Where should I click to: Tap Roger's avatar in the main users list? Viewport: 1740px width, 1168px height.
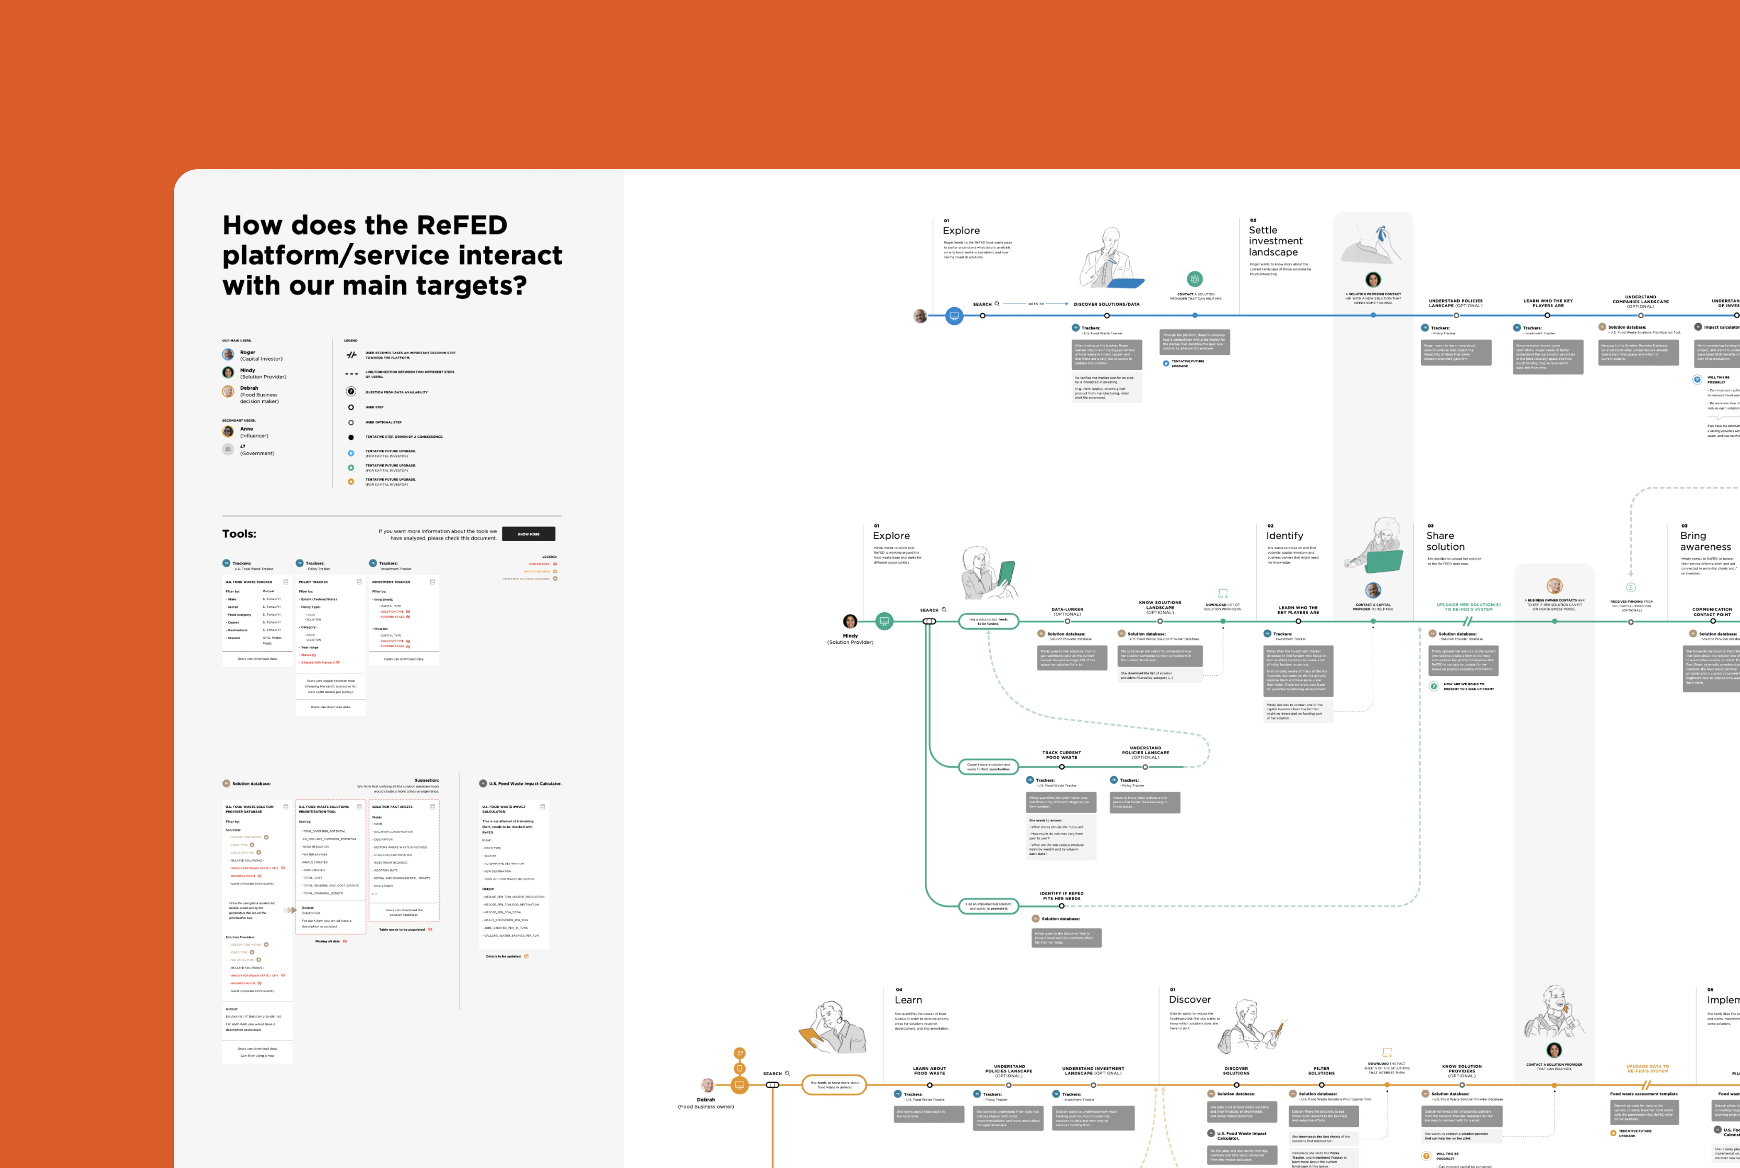point(228,355)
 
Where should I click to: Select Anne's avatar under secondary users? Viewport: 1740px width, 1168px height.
point(228,431)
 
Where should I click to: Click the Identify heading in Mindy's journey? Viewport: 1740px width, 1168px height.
point(1285,535)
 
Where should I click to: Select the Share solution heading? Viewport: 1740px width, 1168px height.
point(1445,541)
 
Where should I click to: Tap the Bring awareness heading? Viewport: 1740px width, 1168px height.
point(1705,541)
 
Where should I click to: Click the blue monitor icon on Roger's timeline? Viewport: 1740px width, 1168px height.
point(954,316)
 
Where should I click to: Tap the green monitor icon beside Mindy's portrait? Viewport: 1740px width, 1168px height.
point(884,621)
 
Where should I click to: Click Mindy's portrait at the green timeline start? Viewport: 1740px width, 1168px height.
point(850,621)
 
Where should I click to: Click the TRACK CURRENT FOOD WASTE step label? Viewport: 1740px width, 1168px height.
point(1061,755)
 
